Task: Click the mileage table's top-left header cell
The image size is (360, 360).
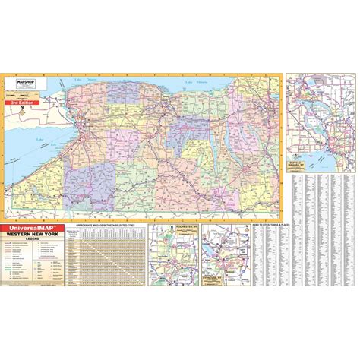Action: pyautogui.click(x=74, y=233)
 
